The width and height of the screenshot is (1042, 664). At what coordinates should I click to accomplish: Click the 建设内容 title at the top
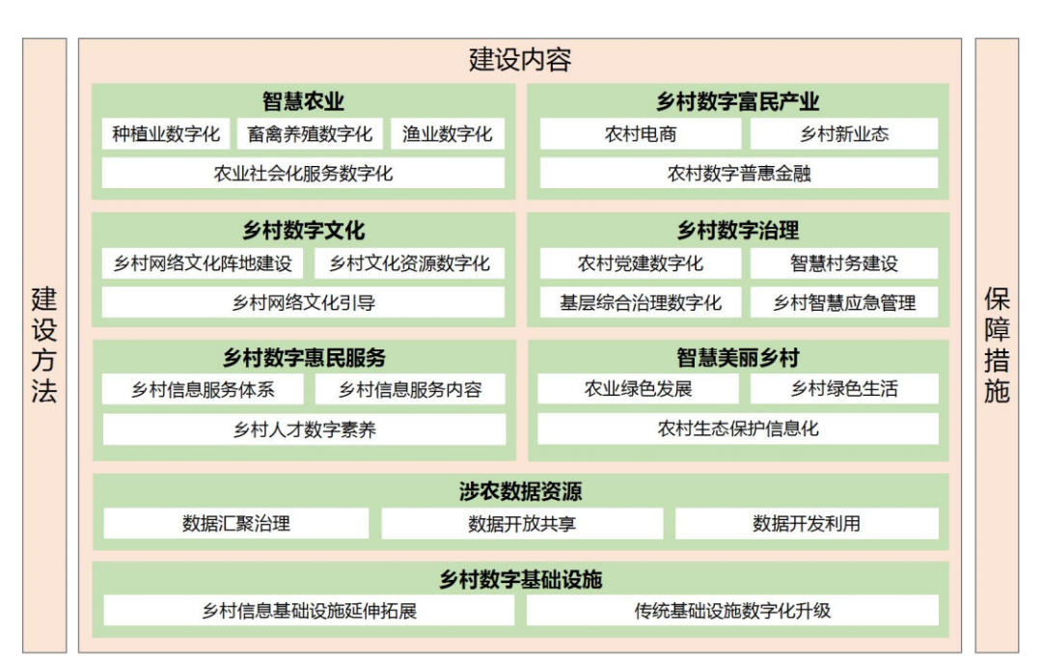pyautogui.click(x=520, y=60)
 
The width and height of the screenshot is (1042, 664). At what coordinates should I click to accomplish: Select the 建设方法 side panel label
pyautogui.click(x=44, y=345)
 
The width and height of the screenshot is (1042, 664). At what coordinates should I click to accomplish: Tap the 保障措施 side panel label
pyautogui.click(x=997, y=345)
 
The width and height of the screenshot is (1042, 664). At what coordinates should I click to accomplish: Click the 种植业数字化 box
pyautogui.click(x=166, y=134)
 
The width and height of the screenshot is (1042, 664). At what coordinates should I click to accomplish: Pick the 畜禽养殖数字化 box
pyautogui.click(x=310, y=134)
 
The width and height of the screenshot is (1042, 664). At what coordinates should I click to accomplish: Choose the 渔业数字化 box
pyautogui.click(x=448, y=134)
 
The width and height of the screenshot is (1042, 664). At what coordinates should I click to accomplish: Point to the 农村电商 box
pyautogui.click(x=641, y=134)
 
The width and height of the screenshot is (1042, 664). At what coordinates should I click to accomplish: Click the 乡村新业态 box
pyautogui.click(x=843, y=134)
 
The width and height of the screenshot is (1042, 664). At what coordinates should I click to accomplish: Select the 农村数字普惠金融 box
pyautogui.click(x=738, y=174)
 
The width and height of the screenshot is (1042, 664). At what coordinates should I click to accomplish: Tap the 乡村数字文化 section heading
pyautogui.click(x=303, y=231)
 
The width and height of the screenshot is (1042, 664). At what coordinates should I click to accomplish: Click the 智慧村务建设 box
pyautogui.click(x=843, y=263)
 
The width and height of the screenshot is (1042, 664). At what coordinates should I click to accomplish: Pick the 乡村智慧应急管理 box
pyautogui.click(x=843, y=303)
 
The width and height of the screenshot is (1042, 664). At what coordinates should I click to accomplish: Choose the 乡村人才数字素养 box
pyautogui.click(x=304, y=429)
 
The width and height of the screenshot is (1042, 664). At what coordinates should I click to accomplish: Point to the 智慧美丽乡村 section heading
pyautogui.click(x=738, y=358)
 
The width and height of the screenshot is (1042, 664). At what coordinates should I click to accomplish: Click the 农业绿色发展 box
pyautogui.click(x=638, y=389)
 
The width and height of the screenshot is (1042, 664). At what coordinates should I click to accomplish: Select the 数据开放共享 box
pyautogui.click(x=522, y=524)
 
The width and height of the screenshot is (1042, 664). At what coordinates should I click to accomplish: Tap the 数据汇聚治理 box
pyautogui.click(x=236, y=524)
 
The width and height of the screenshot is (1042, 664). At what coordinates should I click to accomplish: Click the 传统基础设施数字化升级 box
pyautogui.click(x=732, y=610)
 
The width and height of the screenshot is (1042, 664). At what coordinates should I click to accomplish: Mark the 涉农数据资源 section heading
pyautogui.click(x=520, y=492)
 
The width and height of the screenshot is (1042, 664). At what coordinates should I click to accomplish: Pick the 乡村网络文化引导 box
pyautogui.click(x=303, y=303)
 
